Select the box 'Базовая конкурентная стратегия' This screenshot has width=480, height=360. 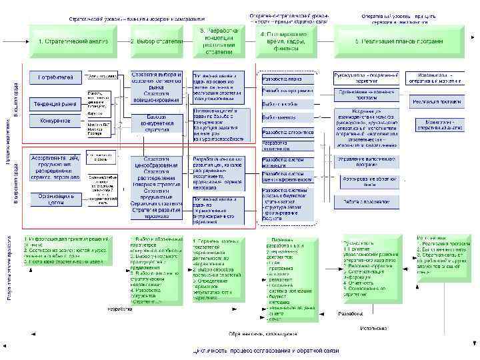pyautogui.click(x=157, y=122)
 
